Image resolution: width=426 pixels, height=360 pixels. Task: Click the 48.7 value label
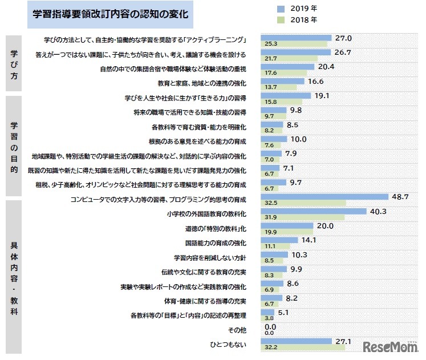[400, 196]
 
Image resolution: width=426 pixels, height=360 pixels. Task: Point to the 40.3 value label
[378, 211]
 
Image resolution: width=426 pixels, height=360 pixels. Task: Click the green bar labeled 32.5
[303, 203]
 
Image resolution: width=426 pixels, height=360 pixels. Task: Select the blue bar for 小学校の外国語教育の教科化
[314, 211]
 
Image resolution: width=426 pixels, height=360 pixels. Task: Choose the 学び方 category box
[14, 62]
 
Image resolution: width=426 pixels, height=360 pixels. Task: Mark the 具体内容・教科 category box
[14, 277]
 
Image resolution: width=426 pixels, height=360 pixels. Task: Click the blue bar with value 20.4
[287, 66]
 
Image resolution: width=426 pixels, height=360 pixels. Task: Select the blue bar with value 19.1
[286, 96]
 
